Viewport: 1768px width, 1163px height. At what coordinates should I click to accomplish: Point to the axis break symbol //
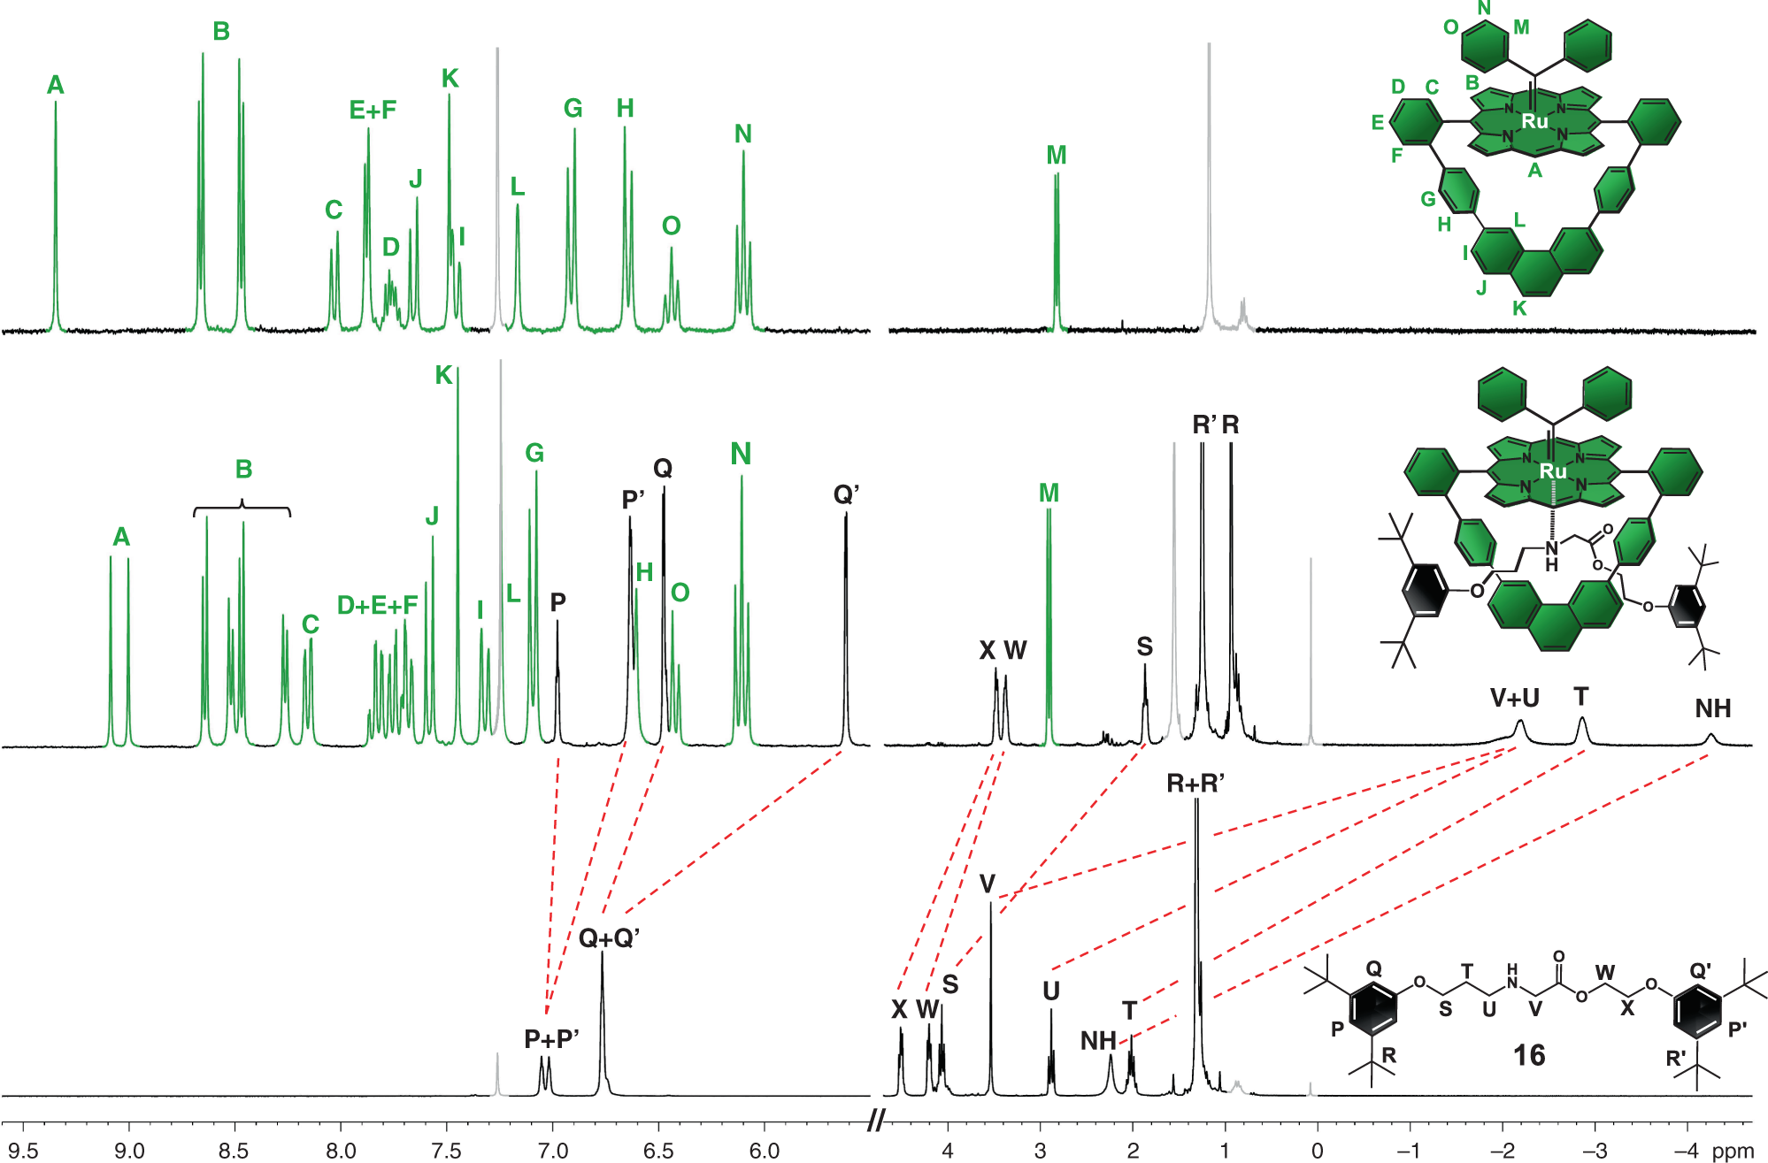pyautogui.click(x=876, y=1121)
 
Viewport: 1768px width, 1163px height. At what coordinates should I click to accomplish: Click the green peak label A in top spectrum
pyautogui.click(x=55, y=86)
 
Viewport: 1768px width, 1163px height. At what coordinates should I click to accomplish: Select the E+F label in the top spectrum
pyautogui.click(x=373, y=111)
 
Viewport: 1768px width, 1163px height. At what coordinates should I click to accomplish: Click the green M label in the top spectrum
pyautogui.click(x=1056, y=156)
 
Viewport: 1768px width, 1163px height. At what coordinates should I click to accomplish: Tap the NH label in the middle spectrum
pyautogui.click(x=1712, y=708)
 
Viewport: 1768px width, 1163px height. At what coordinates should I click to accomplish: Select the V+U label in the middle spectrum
pyautogui.click(x=1514, y=699)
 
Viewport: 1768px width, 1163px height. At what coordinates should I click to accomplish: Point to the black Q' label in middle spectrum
pyautogui.click(x=846, y=494)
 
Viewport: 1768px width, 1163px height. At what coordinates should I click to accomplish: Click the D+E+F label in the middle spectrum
pyautogui.click(x=377, y=606)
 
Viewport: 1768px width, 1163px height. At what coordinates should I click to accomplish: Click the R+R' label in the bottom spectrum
pyautogui.click(x=1195, y=784)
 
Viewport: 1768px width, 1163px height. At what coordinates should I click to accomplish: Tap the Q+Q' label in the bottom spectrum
pyautogui.click(x=609, y=938)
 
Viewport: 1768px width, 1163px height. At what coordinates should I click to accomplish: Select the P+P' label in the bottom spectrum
pyautogui.click(x=551, y=1039)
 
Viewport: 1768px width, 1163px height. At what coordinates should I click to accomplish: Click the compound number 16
pyautogui.click(x=1528, y=1055)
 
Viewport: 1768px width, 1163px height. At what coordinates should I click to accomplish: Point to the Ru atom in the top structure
pyautogui.click(x=1534, y=121)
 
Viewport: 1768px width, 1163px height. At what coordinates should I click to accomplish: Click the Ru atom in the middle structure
pyautogui.click(x=1552, y=471)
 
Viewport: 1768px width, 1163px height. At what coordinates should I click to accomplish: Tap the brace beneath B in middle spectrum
pyautogui.click(x=242, y=509)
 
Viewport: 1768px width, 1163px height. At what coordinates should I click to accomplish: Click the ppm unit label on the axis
pyautogui.click(x=1732, y=1151)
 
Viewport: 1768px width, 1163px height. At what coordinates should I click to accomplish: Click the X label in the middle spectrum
pyautogui.click(x=988, y=651)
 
